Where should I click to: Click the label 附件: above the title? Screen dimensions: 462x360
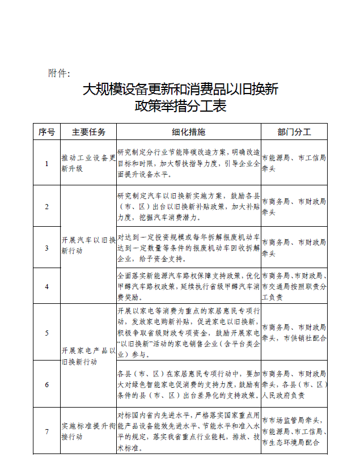coord(59,74)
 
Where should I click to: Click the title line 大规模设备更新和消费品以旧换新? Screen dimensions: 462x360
coord(180,90)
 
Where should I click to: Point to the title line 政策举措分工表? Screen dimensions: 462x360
coord(180,106)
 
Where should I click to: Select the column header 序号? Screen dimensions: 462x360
coord(46,132)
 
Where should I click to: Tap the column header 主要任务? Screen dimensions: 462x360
coord(88,132)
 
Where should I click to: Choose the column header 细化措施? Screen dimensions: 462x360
coord(189,132)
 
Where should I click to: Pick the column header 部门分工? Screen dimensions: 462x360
coord(294,132)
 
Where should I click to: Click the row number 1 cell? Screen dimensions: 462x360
coord(46,163)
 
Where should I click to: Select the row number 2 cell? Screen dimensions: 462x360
coord(46,206)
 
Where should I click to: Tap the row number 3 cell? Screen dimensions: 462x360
coord(46,248)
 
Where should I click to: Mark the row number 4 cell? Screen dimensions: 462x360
coord(46,286)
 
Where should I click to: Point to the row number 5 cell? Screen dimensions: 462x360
coord(46,332)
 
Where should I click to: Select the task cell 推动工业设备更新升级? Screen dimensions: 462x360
coord(88,163)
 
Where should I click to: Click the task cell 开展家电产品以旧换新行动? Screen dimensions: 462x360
coord(88,356)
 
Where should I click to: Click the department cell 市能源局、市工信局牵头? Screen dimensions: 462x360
coord(294,163)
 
